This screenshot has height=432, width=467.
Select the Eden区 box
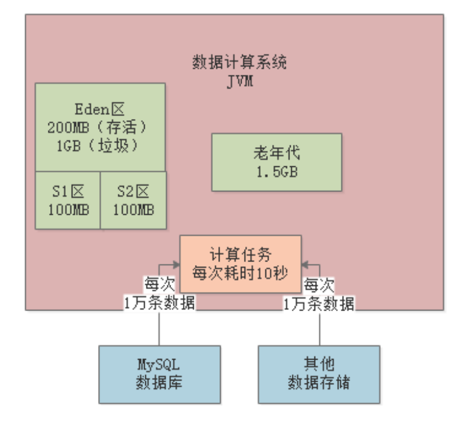click(100, 127)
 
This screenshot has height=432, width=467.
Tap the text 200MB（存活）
click(100, 127)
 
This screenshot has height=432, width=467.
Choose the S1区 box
click(67, 200)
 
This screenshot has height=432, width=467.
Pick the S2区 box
click(133, 200)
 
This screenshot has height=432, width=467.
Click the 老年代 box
click(276, 162)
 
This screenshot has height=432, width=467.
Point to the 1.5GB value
click(276, 172)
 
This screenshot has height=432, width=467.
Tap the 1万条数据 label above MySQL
click(159, 303)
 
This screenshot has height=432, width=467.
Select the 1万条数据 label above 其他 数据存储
click(318, 303)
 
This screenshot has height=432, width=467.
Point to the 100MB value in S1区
click(67, 210)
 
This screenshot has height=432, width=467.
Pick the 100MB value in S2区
click(133, 210)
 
